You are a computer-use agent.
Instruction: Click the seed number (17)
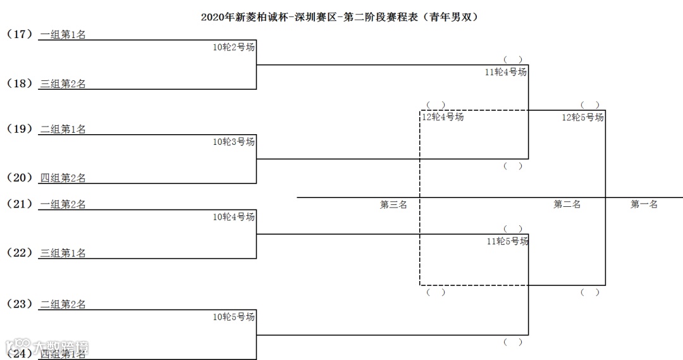point(20,34)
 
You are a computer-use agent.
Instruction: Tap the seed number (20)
point(20,178)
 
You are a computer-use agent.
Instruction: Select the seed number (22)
point(20,253)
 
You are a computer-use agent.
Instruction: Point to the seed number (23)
point(20,304)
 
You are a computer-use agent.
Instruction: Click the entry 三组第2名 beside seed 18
point(63,84)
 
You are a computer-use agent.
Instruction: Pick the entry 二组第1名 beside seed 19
point(63,129)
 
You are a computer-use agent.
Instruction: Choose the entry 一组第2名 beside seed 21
point(63,204)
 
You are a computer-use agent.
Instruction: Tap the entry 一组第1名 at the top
point(63,35)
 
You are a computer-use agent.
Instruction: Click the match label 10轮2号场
point(234,47)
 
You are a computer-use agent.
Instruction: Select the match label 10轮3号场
point(234,142)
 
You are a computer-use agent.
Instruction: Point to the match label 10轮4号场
point(234,217)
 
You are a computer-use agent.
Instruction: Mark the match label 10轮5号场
point(234,317)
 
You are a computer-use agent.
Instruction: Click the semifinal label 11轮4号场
point(506,72)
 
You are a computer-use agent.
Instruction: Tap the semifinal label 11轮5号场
point(507,241)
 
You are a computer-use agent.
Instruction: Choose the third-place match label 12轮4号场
point(443,117)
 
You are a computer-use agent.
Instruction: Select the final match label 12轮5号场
point(583,117)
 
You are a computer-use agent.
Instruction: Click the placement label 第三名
point(393,204)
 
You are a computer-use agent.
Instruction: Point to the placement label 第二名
point(567,204)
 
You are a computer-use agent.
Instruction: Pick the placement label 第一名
point(644,204)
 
